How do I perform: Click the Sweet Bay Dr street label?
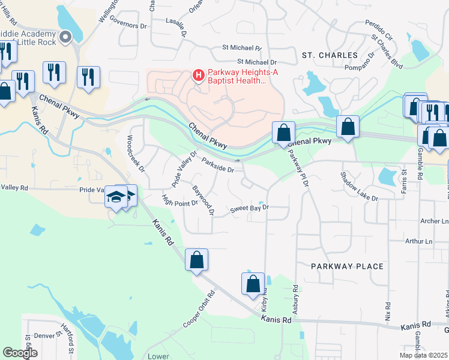[x=249, y=209]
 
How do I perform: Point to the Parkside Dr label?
[x=217, y=166]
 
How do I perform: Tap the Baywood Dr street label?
[x=203, y=200]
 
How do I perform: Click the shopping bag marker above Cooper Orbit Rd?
[x=196, y=260]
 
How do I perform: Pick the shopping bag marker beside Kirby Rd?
[x=253, y=284]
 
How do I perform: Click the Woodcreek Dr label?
[x=135, y=154]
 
